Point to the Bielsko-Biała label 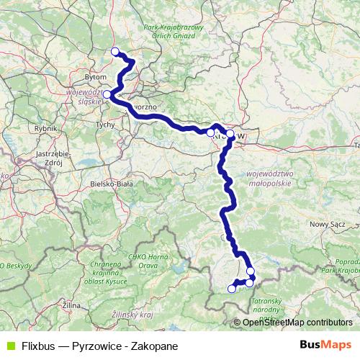coord(112,184)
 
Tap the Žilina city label coord(71,306)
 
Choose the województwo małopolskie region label coord(276,178)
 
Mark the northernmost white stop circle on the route coord(114,50)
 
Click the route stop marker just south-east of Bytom coord(107,94)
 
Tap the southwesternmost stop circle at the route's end coord(232,289)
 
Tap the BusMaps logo coord(325,343)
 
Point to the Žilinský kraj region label coord(134,315)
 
